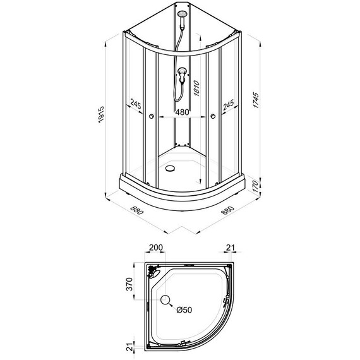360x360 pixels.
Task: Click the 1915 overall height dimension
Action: point(101,114)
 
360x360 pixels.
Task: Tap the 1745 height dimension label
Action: point(256,100)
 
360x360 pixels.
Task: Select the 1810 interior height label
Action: point(197,88)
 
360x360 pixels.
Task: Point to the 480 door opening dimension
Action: point(182,112)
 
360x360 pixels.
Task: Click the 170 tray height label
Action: point(255,186)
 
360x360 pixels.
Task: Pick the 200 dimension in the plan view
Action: point(156,248)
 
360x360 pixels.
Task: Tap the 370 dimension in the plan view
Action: point(129,284)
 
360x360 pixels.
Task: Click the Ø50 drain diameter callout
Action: point(184,310)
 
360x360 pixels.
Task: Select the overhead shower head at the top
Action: point(183,14)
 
